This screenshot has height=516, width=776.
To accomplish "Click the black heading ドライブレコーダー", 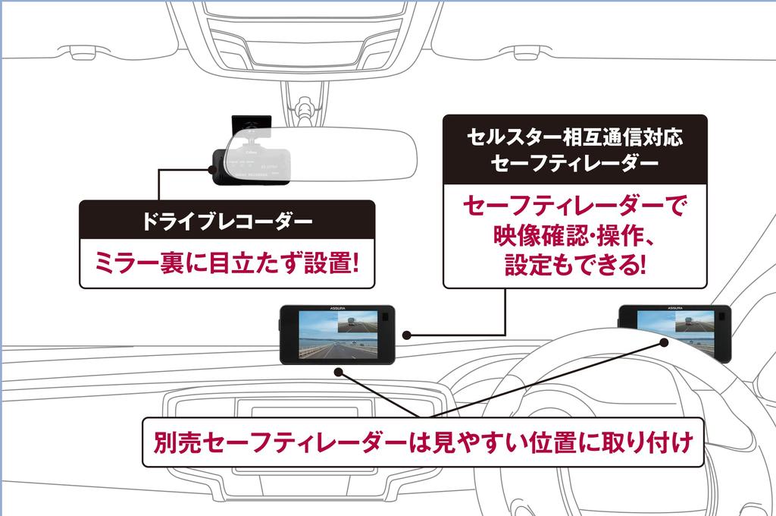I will pyautogui.click(x=227, y=222).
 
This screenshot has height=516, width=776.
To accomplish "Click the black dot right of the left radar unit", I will pyautogui.click(x=408, y=335).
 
